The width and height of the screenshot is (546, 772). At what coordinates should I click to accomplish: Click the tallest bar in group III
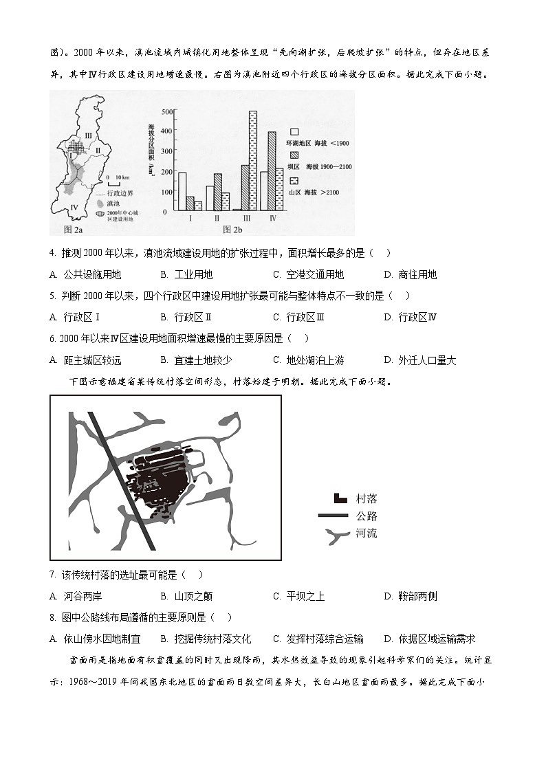pyautogui.click(x=253, y=160)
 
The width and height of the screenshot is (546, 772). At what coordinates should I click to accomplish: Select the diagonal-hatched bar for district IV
pyautogui.click(x=271, y=170)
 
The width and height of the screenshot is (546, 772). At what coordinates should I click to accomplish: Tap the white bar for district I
pyautogui.click(x=182, y=191)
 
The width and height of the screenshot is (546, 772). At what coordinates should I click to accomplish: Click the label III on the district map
pyautogui.click(x=87, y=135)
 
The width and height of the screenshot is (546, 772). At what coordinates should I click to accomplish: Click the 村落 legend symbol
pyautogui.click(x=340, y=498)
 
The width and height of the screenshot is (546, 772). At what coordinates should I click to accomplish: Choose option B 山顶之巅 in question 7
pyautogui.click(x=186, y=596)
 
